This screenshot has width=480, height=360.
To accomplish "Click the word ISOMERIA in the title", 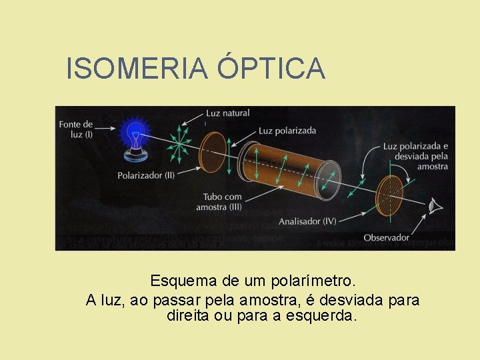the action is click(x=137, y=69).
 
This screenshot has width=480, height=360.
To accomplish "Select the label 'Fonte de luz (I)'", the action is click(x=76, y=129).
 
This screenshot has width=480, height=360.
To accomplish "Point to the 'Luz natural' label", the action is click(x=227, y=113).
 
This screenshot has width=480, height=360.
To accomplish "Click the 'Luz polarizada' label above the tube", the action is click(x=287, y=131).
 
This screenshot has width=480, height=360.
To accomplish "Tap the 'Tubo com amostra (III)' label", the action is click(x=219, y=202).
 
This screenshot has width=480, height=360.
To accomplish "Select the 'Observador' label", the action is click(x=387, y=237).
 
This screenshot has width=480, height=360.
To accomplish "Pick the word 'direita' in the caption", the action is click(x=188, y=315).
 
